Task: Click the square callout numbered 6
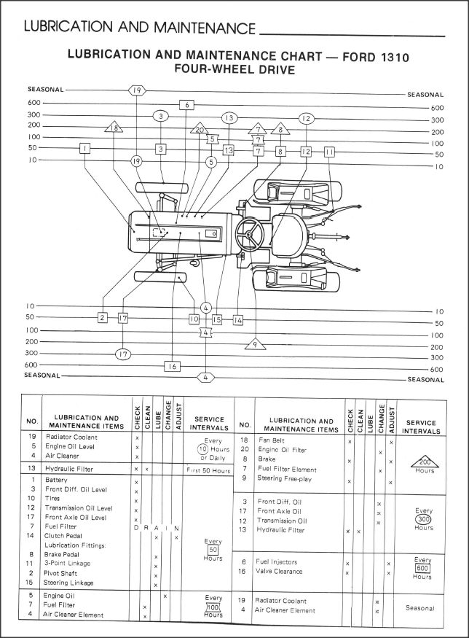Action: click(186, 105)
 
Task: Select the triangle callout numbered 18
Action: click(114, 128)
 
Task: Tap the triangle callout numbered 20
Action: click(198, 130)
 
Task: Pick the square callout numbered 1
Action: click(85, 149)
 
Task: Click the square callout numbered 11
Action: click(329, 152)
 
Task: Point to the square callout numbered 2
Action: click(103, 318)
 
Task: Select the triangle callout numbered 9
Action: click(256, 343)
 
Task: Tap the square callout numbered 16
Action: click(172, 366)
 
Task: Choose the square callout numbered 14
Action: click(237, 319)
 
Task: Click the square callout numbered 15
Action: click(216, 319)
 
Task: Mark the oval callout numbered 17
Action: click(123, 354)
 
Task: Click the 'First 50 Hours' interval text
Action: click(208, 471)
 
